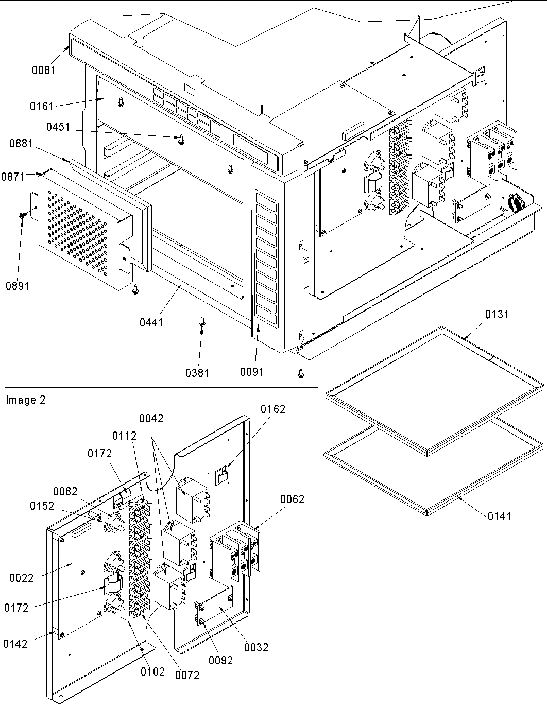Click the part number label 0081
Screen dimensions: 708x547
43,70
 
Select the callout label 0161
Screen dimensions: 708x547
41,107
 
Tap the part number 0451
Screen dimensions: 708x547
58,127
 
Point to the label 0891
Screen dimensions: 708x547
18,286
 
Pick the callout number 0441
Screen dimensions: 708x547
151,323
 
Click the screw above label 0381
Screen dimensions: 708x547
202,322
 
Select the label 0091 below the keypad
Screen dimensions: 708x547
252,372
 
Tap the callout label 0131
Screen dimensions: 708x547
497,314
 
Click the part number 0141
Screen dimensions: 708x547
500,516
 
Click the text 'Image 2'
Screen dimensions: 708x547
26,400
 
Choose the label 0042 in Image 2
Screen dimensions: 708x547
151,419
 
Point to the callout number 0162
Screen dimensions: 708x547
272,409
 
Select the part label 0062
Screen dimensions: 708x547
292,499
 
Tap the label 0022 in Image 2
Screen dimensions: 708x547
21,578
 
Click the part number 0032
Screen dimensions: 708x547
256,647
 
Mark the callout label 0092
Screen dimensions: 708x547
220,660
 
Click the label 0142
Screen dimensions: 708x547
15,644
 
